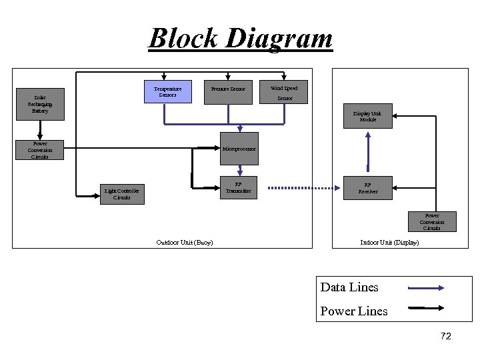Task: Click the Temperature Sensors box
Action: pos(168,92)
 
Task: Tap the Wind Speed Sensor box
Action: pos(284,92)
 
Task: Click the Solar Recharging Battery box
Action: pos(40,104)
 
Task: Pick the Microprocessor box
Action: pos(239,149)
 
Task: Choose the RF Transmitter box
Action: pos(239,189)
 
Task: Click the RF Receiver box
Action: pos(367,189)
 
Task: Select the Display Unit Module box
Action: pos(367,116)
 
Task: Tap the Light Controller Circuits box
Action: pos(121,194)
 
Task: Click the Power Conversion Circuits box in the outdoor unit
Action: pos(40,150)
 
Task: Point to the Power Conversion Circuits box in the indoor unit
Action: pos(431,221)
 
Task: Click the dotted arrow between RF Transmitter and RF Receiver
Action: pos(303,189)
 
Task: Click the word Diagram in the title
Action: pos(279,38)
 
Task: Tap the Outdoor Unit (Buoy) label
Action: pos(185,243)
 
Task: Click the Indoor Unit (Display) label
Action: pos(389,243)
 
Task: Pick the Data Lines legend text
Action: pos(349,287)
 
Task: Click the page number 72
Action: pos(445,337)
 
